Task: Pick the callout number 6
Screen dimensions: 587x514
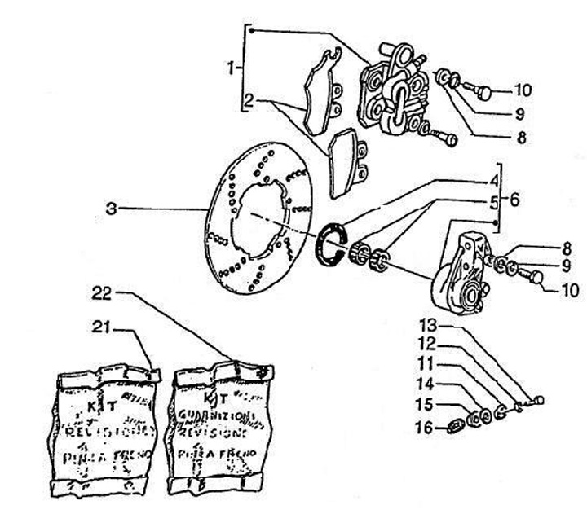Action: [515, 198]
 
